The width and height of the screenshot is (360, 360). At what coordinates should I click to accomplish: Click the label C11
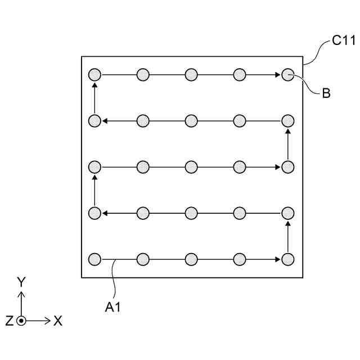(x=343, y=41)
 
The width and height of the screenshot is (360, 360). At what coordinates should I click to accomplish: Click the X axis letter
(x=57, y=321)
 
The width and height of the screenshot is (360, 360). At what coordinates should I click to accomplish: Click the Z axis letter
(x=9, y=321)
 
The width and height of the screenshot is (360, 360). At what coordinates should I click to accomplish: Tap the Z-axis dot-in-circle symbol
(x=21, y=321)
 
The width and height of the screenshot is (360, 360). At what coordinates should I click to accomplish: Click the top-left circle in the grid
(x=94, y=74)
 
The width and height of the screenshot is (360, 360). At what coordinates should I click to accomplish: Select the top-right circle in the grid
(x=287, y=74)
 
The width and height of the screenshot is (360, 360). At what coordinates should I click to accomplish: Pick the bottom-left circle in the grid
(x=94, y=259)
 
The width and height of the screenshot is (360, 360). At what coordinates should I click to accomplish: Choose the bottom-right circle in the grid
(x=287, y=259)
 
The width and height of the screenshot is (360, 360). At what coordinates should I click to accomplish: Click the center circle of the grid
(x=191, y=167)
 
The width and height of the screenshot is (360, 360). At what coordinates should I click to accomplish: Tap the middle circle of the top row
(x=191, y=74)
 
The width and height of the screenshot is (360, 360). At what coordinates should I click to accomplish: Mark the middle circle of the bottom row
(x=191, y=259)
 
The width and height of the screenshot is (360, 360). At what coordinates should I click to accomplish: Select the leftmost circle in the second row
(x=94, y=120)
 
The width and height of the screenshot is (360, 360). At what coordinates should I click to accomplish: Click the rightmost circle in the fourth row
(x=287, y=213)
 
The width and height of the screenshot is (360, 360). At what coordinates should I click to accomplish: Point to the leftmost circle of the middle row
(x=94, y=167)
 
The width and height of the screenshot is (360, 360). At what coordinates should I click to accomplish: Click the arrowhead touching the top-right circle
(x=278, y=74)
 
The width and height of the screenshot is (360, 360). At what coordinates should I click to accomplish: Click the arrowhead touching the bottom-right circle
(x=278, y=259)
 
